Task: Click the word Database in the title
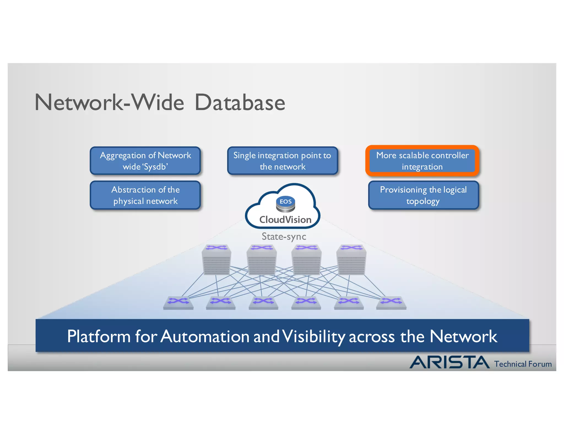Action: coord(240,103)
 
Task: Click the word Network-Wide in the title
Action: coord(109,103)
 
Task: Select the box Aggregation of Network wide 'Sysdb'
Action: coord(145,161)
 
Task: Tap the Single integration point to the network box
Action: coord(283,161)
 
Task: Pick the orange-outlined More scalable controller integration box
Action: coord(422,161)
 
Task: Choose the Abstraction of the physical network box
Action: coord(145,195)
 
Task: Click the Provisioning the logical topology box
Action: coord(423,195)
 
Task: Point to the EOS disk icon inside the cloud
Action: coord(286,204)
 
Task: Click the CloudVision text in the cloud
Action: coord(285,220)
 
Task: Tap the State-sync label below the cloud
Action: coord(284,236)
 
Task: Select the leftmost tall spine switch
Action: coord(216,260)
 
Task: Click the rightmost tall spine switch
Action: coord(351,260)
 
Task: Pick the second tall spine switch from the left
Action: coord(261,260)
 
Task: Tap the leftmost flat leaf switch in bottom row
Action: coord(178,303)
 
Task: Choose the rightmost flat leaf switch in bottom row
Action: coord(391,303)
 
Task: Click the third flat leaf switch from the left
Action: coord(263,303)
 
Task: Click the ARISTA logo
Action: coord(449,362)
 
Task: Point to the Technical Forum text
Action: coord(523,364)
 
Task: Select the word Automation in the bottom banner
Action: coord(205,336)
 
